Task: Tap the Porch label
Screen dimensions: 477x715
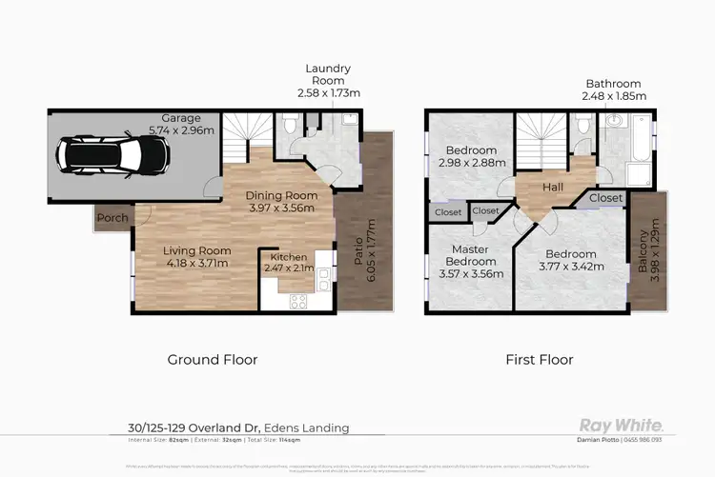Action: pyautogui.click(x=112, y=217)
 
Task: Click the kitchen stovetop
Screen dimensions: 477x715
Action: pyautogui.click(x=297, y=300)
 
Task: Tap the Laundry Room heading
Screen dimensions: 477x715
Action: pyautogui.click(x=328, y=69)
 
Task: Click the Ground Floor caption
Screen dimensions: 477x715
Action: pyautogui.click(x=212, y=360)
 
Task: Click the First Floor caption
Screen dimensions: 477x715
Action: pyautogui.click(x=540, y=360)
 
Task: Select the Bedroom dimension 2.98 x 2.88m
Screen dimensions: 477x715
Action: pyautogui.click(x=471, y=164)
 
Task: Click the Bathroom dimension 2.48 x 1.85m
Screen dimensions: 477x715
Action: pyautogui.click(x=613, y=96)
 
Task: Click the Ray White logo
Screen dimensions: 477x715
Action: pyautogui.click(x=622, y=425)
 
